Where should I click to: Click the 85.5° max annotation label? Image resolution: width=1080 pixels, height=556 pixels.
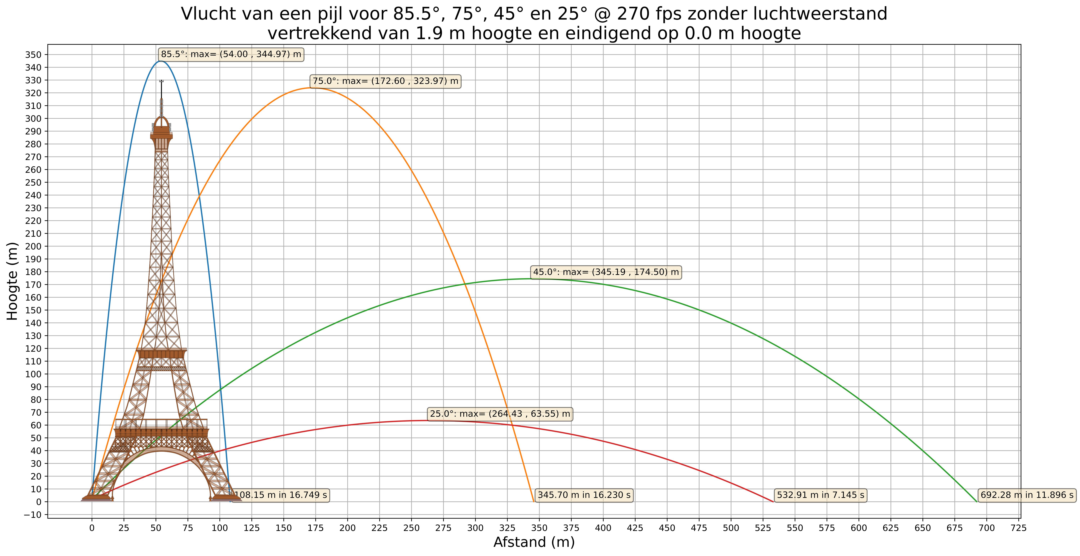point(231,54)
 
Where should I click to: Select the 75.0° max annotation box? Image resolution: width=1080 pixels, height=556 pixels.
point(385,81)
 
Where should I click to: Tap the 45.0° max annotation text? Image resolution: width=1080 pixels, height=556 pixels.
point(605,272)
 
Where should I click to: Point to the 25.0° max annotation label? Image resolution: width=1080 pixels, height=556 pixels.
point(500,413)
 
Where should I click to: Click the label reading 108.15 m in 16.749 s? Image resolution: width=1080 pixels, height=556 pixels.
point(280,495)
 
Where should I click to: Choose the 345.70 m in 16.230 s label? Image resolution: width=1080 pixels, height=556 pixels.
point(584,495)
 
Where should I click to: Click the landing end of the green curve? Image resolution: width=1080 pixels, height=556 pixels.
point(977,501)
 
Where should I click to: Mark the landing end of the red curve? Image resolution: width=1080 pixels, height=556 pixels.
point(773,501)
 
